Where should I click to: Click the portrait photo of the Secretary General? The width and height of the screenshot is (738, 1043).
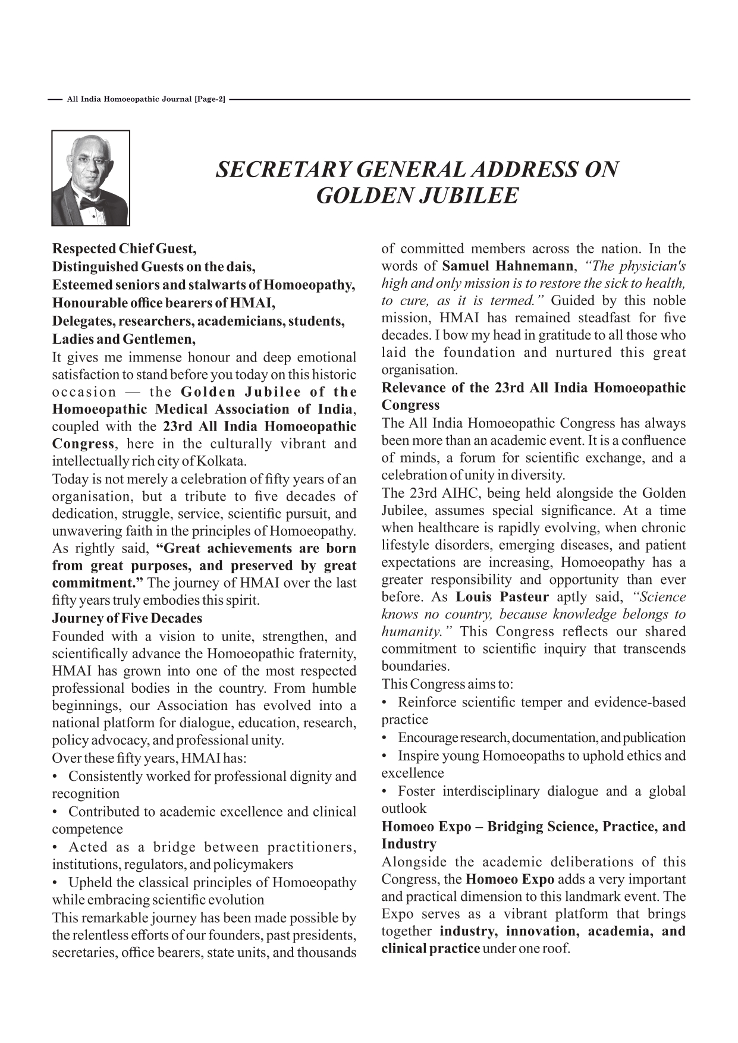[90, 178]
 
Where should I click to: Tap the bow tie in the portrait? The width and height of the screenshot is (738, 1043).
[92, 204]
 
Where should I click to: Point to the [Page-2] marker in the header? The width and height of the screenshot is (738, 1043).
[210, 99]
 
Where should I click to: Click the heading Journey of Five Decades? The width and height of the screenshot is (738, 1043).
[127, 618]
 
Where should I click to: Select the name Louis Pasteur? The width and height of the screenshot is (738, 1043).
[503, 597]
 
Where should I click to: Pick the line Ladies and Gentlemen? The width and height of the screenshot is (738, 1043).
[124, 340]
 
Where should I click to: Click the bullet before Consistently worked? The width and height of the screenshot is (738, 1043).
[55, 777]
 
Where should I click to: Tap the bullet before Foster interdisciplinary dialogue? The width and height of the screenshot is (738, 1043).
[385, 791]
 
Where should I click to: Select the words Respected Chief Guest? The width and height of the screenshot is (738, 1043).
[124, 249]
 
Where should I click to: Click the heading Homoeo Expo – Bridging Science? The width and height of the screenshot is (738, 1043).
[533, 827]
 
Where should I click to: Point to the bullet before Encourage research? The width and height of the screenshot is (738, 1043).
[385, 738]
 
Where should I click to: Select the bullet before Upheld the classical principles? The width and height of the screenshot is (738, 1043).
[55, 883]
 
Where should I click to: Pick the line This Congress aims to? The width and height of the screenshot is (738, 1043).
[447, 684]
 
